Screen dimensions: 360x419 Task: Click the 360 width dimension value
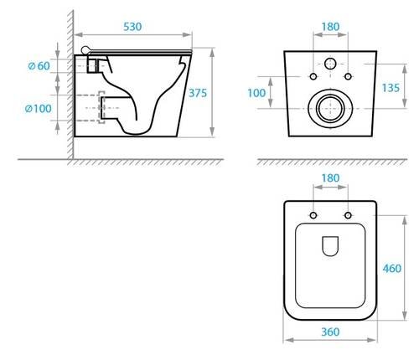[x=330, y=332]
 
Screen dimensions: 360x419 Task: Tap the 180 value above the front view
[x=330, y=27]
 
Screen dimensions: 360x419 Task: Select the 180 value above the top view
[x=330, y=177]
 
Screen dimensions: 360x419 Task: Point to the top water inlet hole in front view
[x=330, y=63]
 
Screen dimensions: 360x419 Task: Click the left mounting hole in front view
[x=313, y=78]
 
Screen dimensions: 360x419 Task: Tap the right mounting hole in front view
[x=347, y=78]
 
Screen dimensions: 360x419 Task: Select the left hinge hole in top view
[x=313, y=217]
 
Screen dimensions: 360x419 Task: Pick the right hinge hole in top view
[x=347, y=217]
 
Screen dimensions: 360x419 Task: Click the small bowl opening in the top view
[x=330, y=245]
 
